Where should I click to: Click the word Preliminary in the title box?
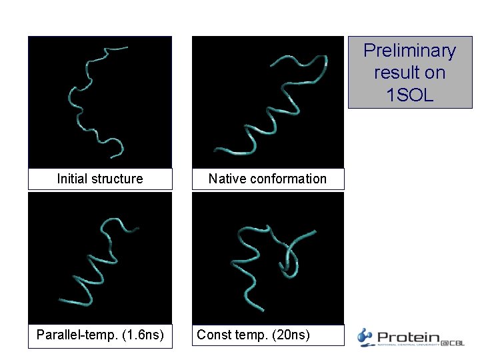[x=409, y=51]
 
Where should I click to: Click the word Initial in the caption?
[x=71, y=179]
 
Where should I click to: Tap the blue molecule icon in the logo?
[x=365, y=337]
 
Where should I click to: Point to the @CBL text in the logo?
[x=452, y=342]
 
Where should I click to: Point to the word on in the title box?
[x=435, y=73]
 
